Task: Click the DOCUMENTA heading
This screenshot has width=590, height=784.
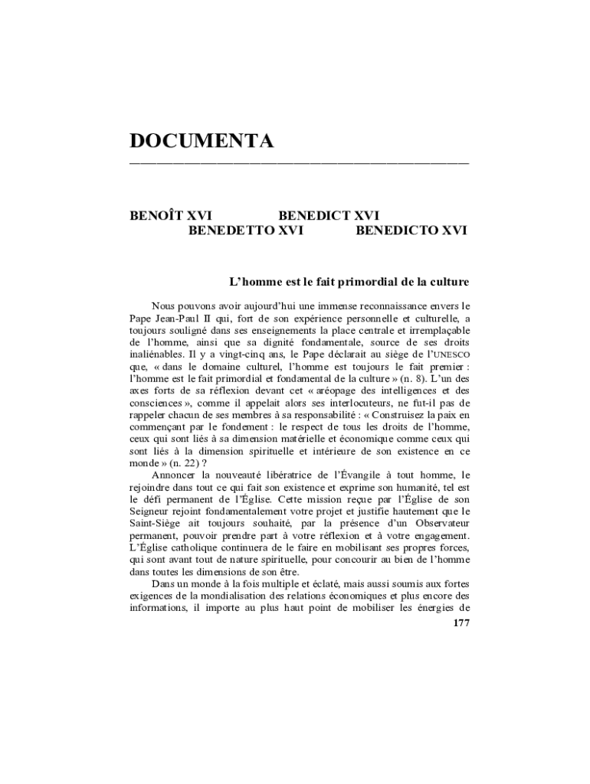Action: tap(202, 141)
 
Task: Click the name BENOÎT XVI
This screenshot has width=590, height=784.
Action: tap(171, 216)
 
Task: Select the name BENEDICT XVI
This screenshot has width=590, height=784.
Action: tap(329, 216)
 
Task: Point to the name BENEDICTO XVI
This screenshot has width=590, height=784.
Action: tap(411, 230)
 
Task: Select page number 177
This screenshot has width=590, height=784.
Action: tap(461, 623)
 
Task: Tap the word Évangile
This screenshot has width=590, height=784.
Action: tap(351, 475)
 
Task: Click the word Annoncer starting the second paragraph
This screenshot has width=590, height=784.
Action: tap(176, 475)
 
